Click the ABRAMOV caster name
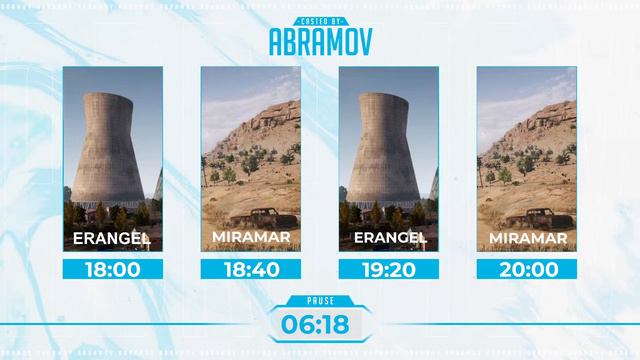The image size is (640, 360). coord(320,40)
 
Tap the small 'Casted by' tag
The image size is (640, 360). coord(320,19)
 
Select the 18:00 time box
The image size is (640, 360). coord(113,269)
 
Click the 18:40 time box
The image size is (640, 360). coord(251,269)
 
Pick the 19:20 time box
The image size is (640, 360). coord(389,269)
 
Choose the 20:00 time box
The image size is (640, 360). coord(527,269)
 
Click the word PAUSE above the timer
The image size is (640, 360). coord(320,299)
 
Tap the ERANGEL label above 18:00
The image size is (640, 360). coord(113,238)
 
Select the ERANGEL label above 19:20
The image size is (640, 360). coord(389,238)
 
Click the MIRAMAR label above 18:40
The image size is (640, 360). coord(251,238)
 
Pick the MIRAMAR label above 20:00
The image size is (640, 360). coord(527,238)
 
